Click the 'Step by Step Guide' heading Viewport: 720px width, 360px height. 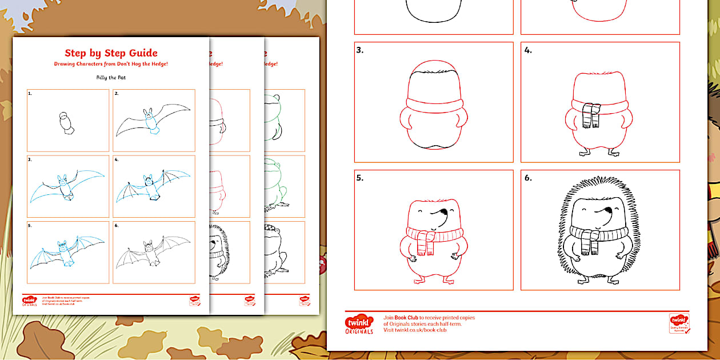[111, 53]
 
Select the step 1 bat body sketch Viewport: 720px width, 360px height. [67, 123]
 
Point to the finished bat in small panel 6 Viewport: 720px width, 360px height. [153, 252]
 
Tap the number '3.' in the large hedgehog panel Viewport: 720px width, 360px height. [360, 50]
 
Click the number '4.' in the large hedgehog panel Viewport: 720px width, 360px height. [528, 50]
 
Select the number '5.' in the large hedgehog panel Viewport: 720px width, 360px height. [360, 178]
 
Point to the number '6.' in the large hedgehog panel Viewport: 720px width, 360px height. [528, 178]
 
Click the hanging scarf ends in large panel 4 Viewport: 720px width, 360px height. [592, 117]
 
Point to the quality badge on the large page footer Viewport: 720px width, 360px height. [679, 323]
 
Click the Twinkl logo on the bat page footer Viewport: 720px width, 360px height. [30, 301]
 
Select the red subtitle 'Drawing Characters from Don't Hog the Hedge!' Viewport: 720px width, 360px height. [111, 63]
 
